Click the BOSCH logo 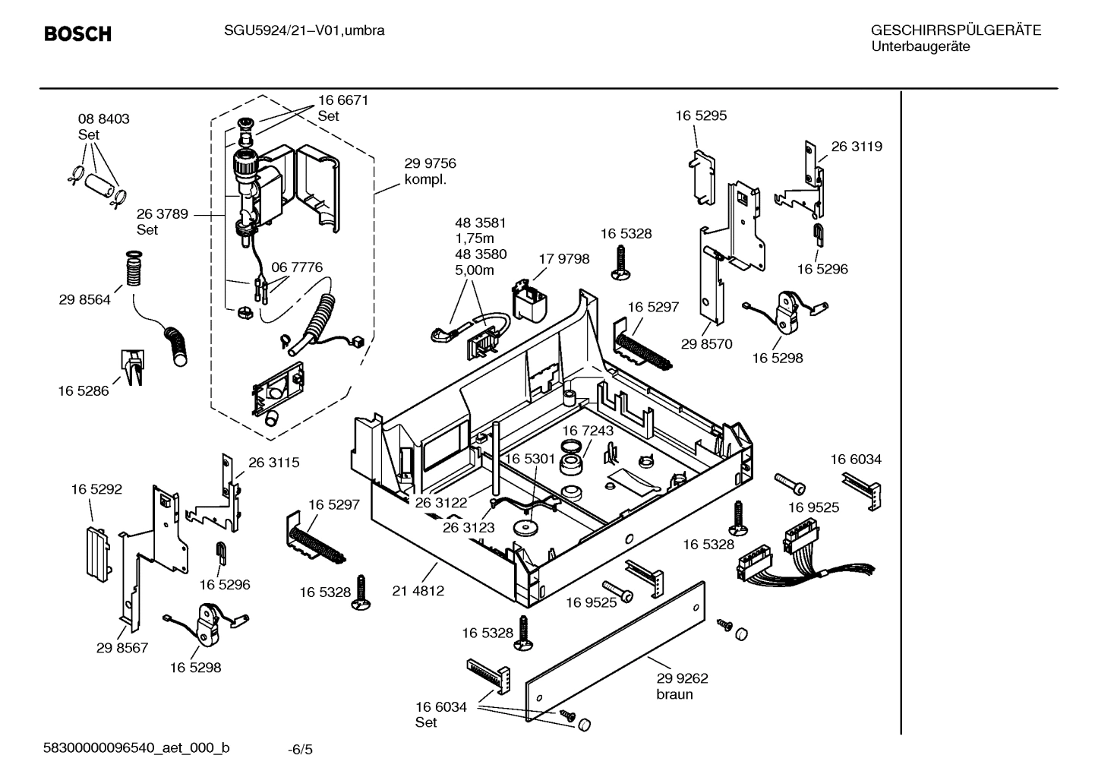click(77, 33)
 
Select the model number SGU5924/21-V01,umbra click(304, 31)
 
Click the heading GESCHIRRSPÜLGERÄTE click(955, 31)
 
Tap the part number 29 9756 click(430, 163)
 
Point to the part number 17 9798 click(563, 259)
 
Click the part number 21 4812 click(418, 590)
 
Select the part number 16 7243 click(588, 431)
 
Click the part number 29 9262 click(682, 678)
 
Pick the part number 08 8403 click(104, 119)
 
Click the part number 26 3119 click(857, 147)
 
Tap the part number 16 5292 click(96, 490)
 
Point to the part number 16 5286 click(84, 391)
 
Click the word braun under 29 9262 click(674, 694)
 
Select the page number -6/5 click(300, 750)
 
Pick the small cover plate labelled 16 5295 click(703, 175)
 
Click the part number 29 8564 click(84, 300)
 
